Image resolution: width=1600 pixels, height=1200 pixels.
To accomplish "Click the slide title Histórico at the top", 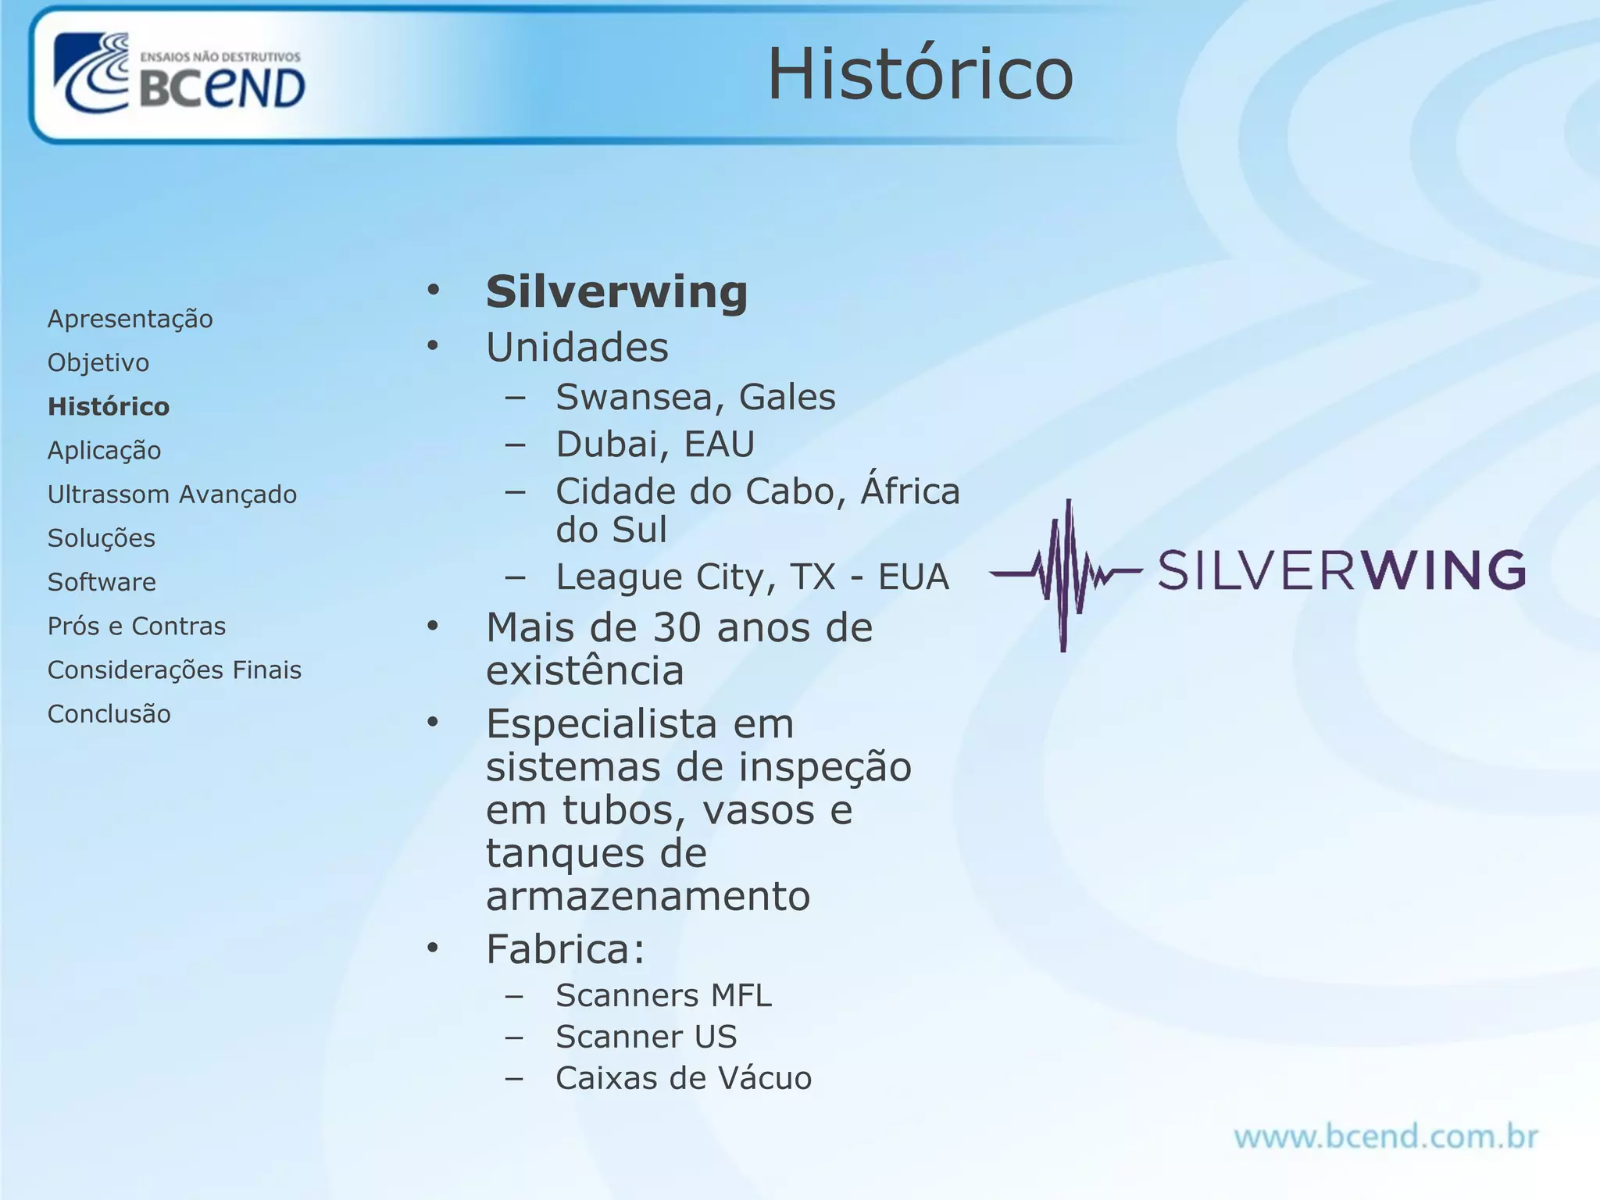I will click(x=920, y=74).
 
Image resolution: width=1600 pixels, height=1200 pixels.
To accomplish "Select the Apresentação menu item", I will click(x=130, y=319).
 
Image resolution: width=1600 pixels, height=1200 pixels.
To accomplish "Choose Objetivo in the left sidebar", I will click(x=98, y=362).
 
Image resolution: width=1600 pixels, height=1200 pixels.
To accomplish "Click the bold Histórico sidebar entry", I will click(x=109, y=406).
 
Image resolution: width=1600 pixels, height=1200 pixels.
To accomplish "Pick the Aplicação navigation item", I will click(x=104, y=451).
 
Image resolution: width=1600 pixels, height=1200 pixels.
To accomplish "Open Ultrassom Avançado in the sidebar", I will click(x=172, y=495).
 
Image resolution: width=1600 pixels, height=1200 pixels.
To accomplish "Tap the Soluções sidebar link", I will click(x=102, y=538).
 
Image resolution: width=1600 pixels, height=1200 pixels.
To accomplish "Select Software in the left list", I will click(x=102, y=582).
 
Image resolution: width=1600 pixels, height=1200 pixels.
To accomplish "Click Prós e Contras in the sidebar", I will click(x=137, y=626).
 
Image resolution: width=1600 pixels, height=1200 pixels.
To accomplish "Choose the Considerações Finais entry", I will click(x=174, y=670).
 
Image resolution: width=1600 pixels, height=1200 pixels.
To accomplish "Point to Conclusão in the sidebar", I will click(x=109, y=714).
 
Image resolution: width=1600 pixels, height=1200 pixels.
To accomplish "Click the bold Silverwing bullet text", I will click(x=616, y=292).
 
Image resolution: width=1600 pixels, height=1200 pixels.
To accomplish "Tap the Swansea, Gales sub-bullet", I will click(x=695, y=397).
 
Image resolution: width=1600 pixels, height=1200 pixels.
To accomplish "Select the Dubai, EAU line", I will click(x=655, y=444).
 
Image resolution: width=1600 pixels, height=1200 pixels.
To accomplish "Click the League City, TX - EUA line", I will click(x=752, y=577).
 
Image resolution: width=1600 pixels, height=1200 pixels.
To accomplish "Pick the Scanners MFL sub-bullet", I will click(x=663, y=995).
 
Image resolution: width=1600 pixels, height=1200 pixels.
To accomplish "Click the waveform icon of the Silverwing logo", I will click(x=1066, y=575).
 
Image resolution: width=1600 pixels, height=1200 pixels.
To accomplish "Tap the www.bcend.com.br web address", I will click(x=1386, y=1137).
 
